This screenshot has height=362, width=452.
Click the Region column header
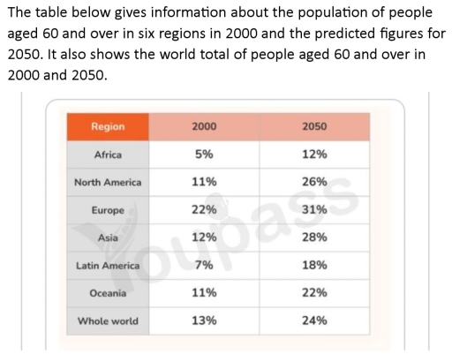click(108, 127)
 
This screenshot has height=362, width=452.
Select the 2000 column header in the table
click(205, 127)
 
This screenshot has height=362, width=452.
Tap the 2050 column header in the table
click(314, 127)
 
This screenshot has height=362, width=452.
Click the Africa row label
click(108, 155)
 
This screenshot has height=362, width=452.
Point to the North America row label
click(108, 183)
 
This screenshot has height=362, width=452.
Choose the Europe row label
click(108, 210)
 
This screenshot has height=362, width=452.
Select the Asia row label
click(108, 238)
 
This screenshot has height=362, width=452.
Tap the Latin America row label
click(108, 265)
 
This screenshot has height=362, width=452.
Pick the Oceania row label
click(108, 293)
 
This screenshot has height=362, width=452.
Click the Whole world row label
click(108, 321)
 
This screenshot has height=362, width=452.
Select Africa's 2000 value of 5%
click(205, 155)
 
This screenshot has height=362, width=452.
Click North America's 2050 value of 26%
click(314, 183)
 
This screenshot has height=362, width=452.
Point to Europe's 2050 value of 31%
click(314, 210)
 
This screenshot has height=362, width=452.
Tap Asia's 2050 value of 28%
click(314, 238)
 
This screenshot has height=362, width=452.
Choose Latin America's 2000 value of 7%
click(205, 265)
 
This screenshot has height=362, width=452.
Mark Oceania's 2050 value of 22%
click(314, 293)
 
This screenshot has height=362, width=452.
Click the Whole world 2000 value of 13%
click(205, 321)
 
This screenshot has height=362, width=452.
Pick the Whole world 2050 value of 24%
click(314, 321)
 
